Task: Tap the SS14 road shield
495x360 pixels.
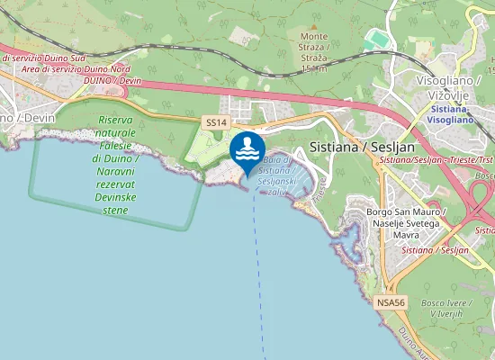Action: (215, 121)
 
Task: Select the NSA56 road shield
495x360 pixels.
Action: (387, 301)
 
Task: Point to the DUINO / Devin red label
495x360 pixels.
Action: (113, 80)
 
